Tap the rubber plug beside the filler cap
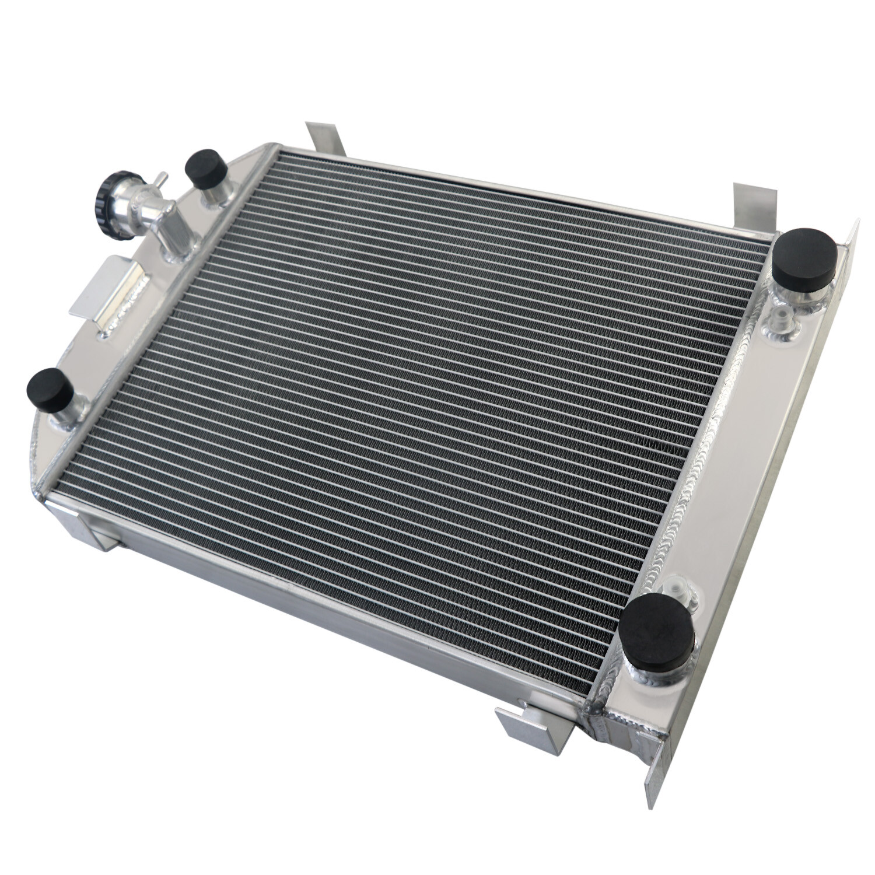(x=206, y=169)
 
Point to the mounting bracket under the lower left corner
(x=87, y=525)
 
